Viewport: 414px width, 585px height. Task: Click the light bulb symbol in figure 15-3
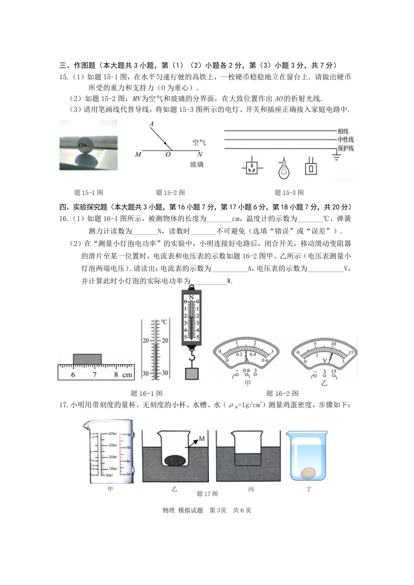click(x=283, y=169)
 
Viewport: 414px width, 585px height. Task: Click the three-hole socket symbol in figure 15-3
click(x=252, y=167)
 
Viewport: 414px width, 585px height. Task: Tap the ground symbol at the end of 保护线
click(x=337, y=156)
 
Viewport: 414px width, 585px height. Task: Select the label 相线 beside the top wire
click(x=343, y=131)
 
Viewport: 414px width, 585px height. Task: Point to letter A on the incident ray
click(x=151, y=124)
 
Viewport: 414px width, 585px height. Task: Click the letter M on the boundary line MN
click(x=138, y=154)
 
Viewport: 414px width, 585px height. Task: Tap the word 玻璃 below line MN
click(x=197, y=164)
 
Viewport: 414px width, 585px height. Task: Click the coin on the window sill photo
click(x=85, y=145)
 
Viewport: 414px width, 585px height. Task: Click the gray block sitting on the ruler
click(x=87, y=359)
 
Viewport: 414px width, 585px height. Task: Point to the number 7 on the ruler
click(x=94, y=375)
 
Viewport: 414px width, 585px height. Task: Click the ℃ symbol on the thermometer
click(x=164, y=322)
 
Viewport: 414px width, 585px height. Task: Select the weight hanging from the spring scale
click(x=192, y=374)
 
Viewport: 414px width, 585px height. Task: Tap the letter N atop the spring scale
click(x=192, y=297)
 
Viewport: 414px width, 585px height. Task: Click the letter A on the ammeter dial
click(x=247, y=360)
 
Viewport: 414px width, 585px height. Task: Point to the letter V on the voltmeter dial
click(x=325, y=361)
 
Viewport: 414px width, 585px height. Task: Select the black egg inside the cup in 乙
click(x=176, y=460)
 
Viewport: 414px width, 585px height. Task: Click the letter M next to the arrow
click(x=202, y=439)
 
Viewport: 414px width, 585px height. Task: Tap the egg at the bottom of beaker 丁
click(x=307, y=474)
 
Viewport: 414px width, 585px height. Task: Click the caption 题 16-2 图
click(x=282, y=393)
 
